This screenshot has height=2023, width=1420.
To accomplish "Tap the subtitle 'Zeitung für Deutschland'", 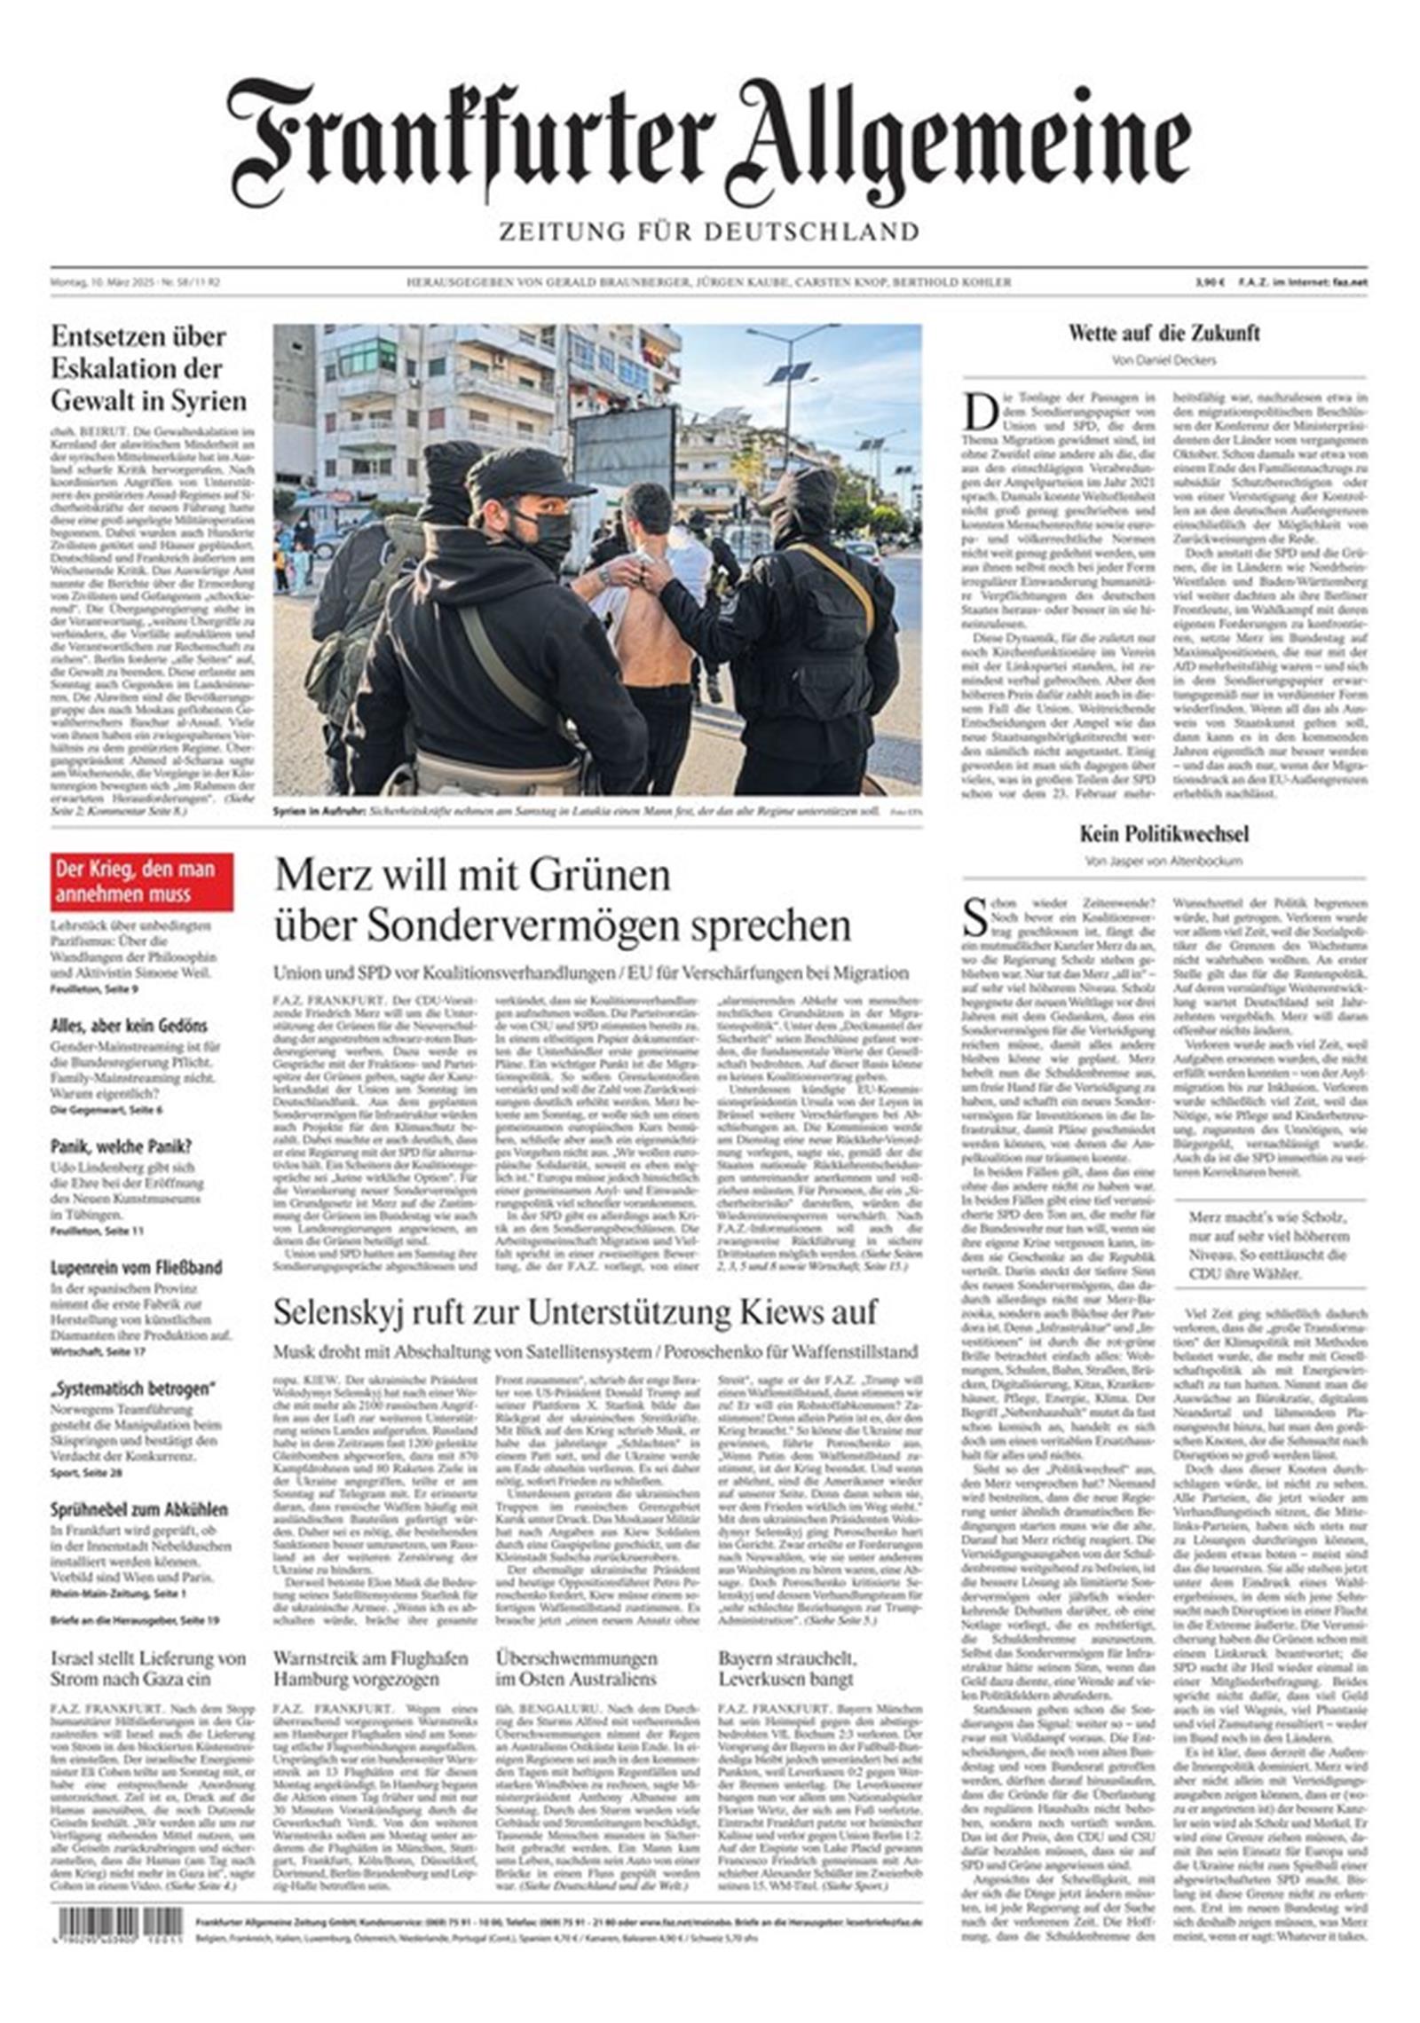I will point(708,232).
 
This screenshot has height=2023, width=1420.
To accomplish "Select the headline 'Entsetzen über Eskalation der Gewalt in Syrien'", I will point(149,368).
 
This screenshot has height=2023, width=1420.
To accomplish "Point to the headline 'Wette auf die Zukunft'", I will point(1164,335).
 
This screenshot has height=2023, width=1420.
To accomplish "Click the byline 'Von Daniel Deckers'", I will point(1164,360).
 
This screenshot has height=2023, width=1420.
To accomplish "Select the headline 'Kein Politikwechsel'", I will point(1164,834).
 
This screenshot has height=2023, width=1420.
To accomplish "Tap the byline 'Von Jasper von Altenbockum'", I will point(1164,861).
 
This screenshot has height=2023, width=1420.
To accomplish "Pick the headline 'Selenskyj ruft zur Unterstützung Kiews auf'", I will point(575,1312).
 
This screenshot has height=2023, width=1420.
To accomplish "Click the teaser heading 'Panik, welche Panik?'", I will point(121,1146).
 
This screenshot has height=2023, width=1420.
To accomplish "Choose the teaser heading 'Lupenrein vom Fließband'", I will point(136,1267).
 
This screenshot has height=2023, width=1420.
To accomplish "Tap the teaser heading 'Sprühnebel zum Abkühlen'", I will point(138,1509).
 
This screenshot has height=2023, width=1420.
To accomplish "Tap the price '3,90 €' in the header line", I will point(1210,283).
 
